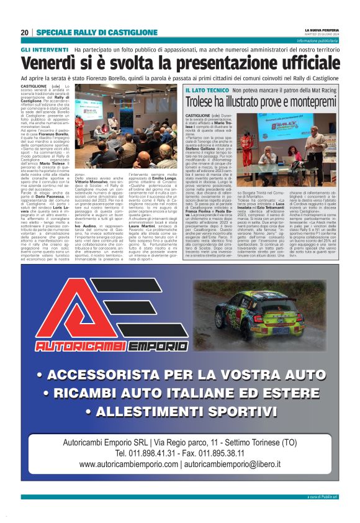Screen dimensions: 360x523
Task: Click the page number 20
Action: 24,32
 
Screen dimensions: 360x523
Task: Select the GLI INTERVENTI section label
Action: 45,50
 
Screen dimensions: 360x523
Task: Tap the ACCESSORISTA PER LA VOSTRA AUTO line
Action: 180,375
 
